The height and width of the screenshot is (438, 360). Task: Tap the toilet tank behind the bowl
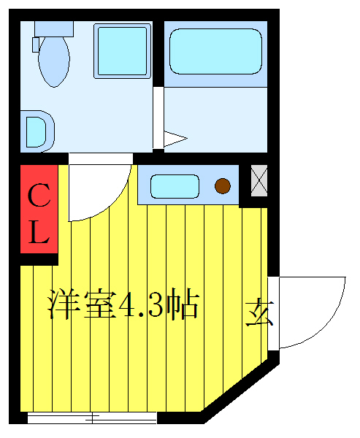54,28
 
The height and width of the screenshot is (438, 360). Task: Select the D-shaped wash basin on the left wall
37,131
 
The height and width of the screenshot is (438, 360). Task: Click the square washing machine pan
122,50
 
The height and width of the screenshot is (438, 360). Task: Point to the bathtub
215,51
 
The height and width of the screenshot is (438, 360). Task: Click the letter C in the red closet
38,196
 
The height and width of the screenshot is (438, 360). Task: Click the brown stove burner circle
223,187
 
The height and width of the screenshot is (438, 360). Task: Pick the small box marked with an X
258,180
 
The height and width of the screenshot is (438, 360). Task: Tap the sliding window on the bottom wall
92,418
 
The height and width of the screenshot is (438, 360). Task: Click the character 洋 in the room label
64,304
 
